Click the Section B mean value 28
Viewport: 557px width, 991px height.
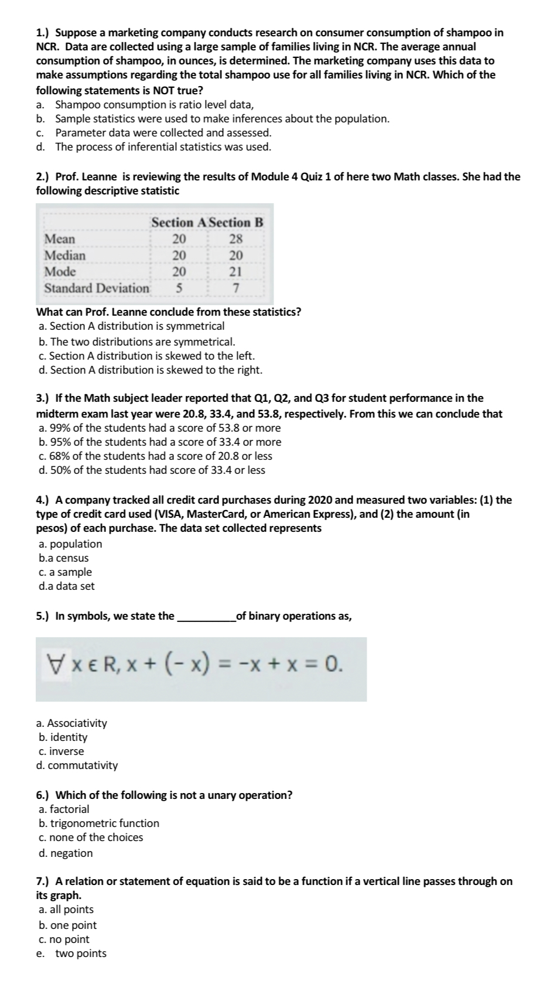[236, 239]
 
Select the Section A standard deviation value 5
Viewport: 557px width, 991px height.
[179, 288]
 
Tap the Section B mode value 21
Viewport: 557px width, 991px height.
[236, 272]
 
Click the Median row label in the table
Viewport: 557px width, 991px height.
[65, 255]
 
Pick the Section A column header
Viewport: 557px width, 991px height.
[178, 223]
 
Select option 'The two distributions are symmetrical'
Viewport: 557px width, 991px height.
[142, 341]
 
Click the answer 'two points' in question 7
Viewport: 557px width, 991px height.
[81, 954]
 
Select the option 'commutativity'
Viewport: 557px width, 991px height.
[83, 766]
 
